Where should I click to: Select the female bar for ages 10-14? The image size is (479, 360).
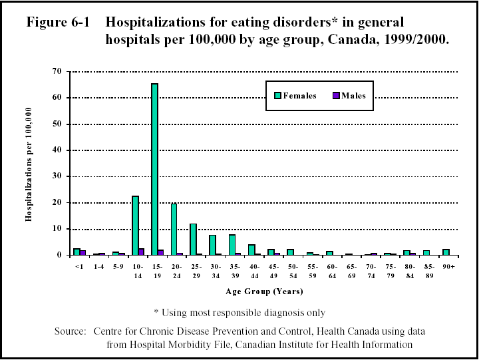pos(135,226)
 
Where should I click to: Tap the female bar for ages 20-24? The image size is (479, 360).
pos(174,230)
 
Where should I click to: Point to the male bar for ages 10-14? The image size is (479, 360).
pos(142,252)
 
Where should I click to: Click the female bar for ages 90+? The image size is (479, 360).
pos(445,252)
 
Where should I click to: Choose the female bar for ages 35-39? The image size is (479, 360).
pos(232,245)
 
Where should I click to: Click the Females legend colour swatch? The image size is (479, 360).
pos(277,95)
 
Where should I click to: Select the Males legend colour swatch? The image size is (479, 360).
pos(337,95)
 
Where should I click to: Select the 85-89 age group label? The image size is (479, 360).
pos(429,271)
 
